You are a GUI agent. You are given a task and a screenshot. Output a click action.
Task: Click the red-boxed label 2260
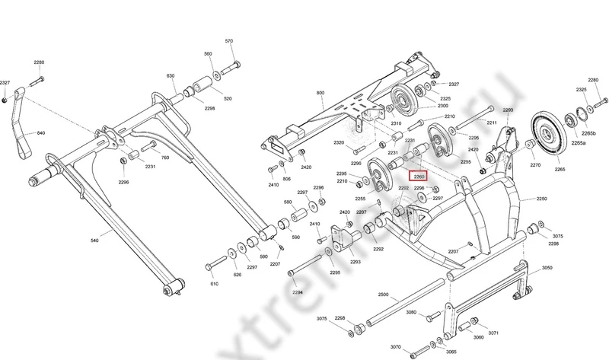click(418, 176)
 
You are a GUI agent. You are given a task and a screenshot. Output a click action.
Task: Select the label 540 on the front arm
click(94, 241)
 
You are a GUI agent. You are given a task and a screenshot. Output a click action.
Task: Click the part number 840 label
click(41, 133)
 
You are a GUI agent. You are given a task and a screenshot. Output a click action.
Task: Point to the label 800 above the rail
click(320, 93)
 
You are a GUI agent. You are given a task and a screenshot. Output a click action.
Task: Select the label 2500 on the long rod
click(382, 294)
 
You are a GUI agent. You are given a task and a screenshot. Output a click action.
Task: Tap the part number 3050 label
click(547, 269)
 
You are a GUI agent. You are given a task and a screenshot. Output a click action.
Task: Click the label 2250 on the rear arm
click(541, 199)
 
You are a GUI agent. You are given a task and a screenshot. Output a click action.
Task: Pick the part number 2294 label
click(298, 292)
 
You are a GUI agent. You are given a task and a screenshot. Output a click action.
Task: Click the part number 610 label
click(215, 283)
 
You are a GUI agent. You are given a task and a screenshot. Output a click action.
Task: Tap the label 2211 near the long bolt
click(492, 123)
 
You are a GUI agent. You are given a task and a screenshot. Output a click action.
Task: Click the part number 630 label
click(171, 76)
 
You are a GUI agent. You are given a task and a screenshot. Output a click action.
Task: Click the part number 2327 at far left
click(5, 82)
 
